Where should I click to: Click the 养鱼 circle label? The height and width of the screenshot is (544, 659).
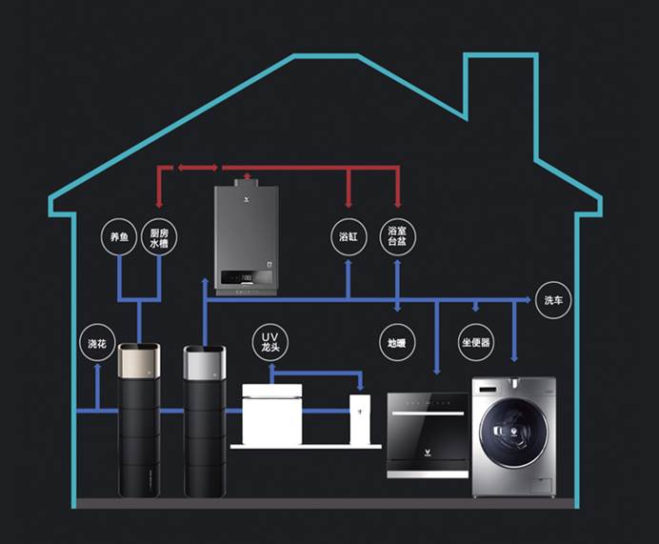(x=118, y=237)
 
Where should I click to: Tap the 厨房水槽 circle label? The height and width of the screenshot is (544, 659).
(x=158, y=237)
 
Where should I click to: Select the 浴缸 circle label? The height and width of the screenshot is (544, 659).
(x=348, y=235)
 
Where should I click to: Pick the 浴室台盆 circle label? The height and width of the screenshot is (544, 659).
(x=397, y=235)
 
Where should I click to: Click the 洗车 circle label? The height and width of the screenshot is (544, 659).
(x=553, y=300)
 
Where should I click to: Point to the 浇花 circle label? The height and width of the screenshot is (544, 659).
(x=97, y=343)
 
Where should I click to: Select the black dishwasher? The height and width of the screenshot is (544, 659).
(x=428, y=433)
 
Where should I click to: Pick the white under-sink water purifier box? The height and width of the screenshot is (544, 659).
(x=272, y=413)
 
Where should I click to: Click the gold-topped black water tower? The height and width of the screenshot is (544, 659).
(x=139, y=419)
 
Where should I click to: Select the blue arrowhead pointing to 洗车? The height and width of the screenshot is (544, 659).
(x=527, y=300)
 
